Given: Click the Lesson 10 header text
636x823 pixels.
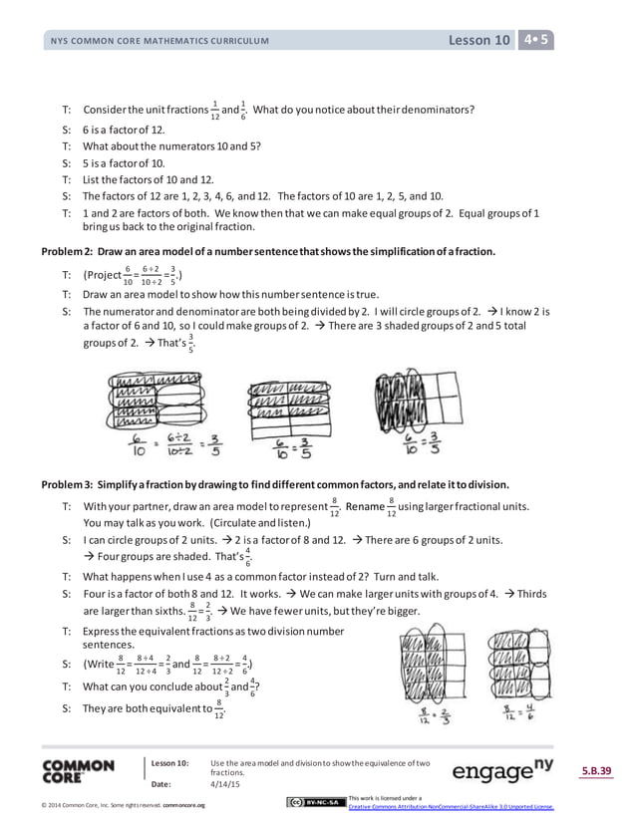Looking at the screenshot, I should tap(479, 40).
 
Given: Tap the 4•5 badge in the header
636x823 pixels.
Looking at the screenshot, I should tap(537, 40).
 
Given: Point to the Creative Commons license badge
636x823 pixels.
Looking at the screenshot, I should tap(314, 802).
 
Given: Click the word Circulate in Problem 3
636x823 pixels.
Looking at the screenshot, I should tap(228, 522).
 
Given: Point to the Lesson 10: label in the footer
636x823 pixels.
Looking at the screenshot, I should tap(169, 763).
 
